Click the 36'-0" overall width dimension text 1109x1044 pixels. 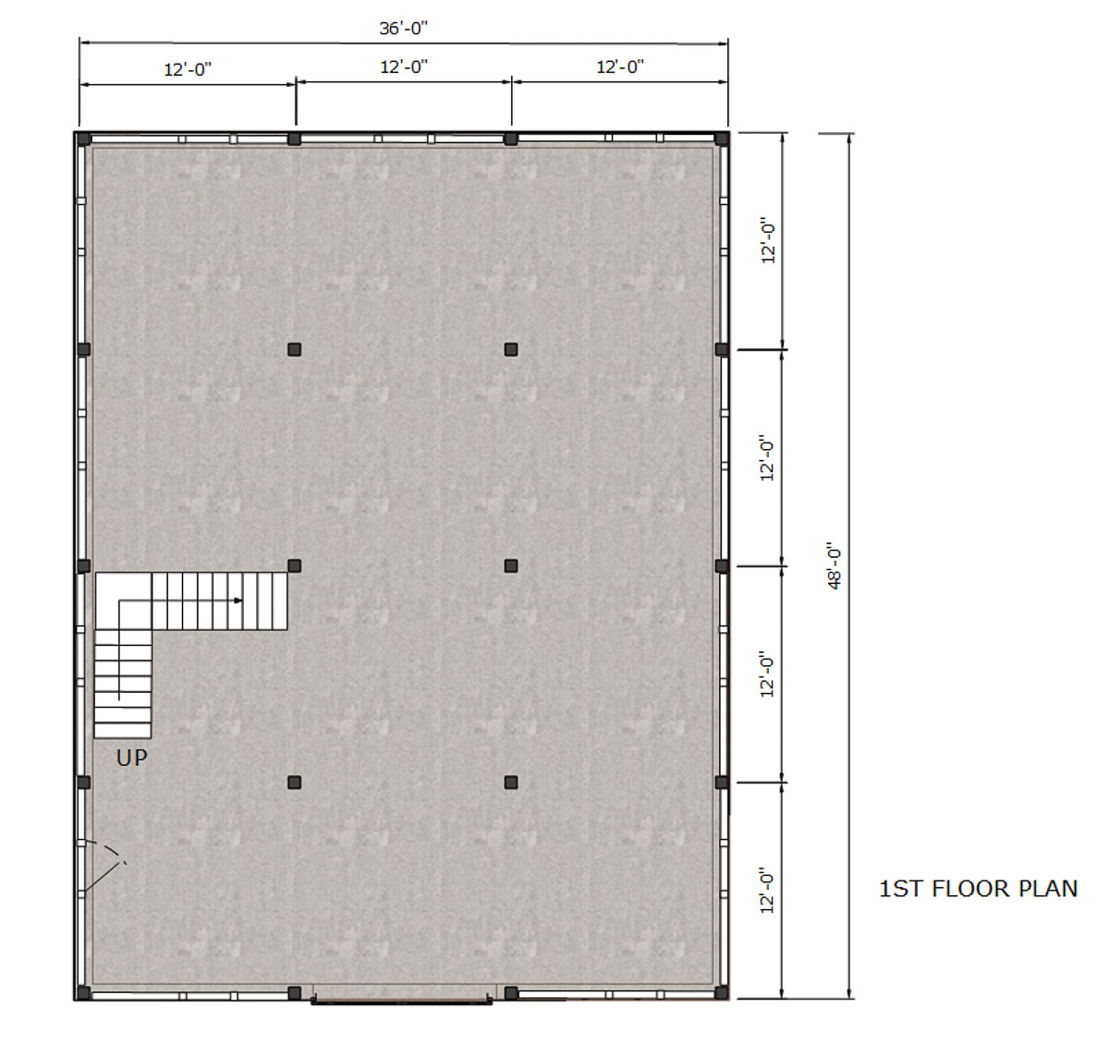[x=403, y=28]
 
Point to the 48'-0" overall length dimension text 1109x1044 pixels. [x=834, y=565]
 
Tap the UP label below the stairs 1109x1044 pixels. [x=132, y=758]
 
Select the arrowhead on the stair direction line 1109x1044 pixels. [x=238, y=601]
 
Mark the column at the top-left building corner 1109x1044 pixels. [x=83, y=139]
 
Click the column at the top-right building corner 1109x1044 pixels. [x=722, y=139]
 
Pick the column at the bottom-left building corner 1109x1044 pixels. [x=83, y=992]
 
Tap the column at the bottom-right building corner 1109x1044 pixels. [x=722, y=992]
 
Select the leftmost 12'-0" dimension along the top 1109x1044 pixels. [x=188, y=70]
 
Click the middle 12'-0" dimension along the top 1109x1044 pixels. [x=404, y=67]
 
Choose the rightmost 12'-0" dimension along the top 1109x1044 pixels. [x=620, y=67]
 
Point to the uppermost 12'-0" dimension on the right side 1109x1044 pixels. [x=768, y=240]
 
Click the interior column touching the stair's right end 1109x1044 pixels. [x=294, y=566]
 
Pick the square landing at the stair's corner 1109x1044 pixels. [x=124, y=601]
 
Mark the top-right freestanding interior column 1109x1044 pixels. [x=511, y=349]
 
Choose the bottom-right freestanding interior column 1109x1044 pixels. [x=511, y=783]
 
